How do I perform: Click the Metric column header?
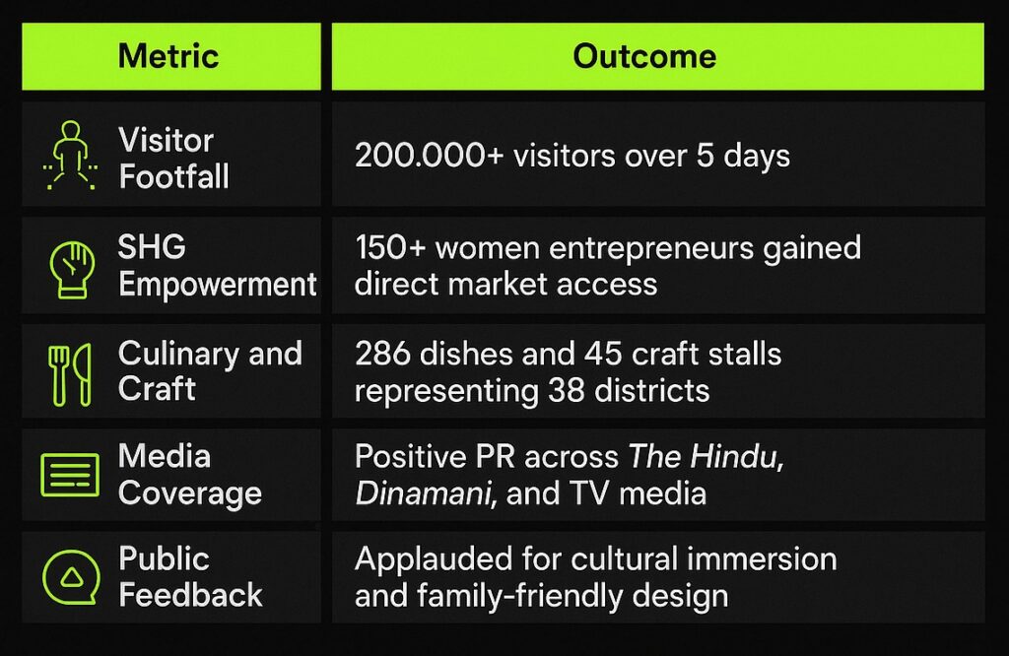(x=168, y=56)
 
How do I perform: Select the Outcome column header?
(x=644, y=56)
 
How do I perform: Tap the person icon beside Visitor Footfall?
(x=71, y=155)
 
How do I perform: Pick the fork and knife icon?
(x=70, y=374)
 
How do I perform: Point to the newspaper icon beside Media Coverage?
(x=70, y=475)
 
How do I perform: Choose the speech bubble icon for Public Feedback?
(x=71, y=577)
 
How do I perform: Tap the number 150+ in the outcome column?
(x=390, y=247)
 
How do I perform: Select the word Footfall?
(x=173, y=176)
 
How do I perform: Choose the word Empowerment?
(x=218, y=285)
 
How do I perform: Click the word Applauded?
(x=435, y=559)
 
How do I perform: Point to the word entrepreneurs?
(x=651, y=249)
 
